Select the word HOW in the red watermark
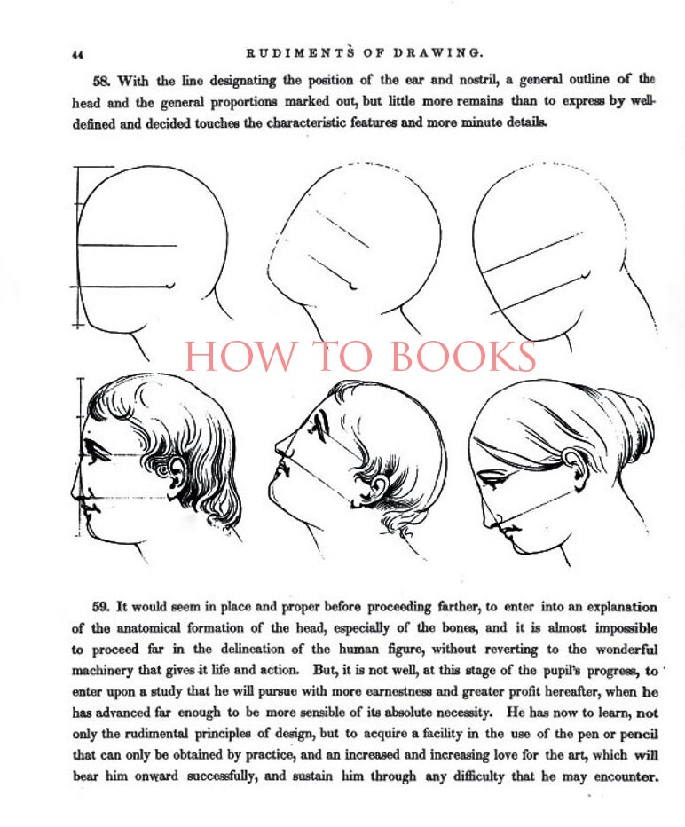[x=226, y=357]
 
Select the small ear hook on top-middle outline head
[x=354, y=286]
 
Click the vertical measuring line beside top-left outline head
[x=79, y=248]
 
